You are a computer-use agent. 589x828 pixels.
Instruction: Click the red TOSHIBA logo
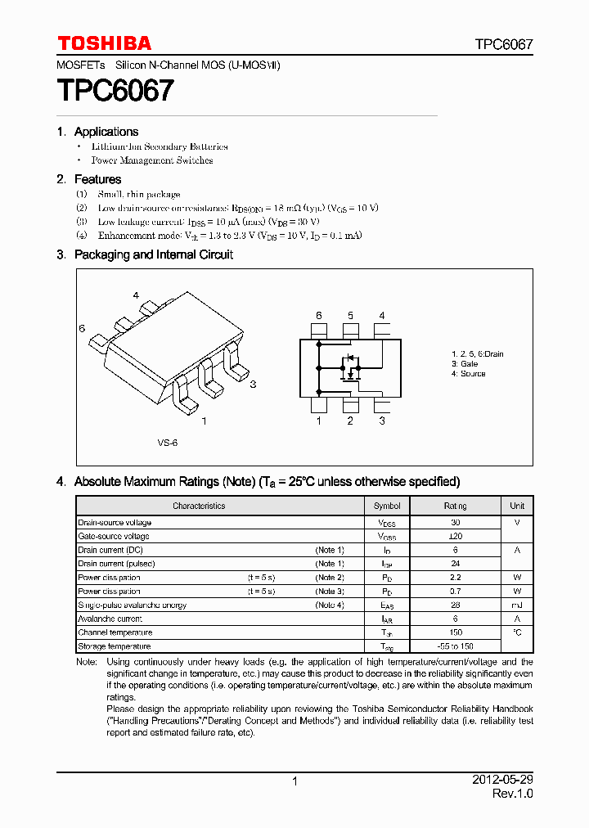coord(104,43)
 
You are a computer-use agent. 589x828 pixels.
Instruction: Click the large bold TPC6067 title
coord(115,90)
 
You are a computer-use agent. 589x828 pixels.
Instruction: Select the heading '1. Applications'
coord(97,132)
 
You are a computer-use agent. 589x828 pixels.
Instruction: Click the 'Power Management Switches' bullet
coord(152,160)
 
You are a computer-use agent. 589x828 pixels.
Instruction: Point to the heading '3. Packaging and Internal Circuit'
coord(145,254)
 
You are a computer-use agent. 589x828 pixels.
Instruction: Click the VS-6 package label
coord(168,442)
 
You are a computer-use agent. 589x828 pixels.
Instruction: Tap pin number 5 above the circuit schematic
coord(350,316)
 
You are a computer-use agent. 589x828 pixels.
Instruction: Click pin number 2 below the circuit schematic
coord(350,421)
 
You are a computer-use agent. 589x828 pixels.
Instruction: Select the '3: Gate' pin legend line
coord(465,363)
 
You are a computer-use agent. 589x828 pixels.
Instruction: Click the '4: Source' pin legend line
coord(468,374)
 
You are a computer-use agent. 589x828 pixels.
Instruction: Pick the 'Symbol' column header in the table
coord(387,506)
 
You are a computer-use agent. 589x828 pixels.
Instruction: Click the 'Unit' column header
coord(517,506)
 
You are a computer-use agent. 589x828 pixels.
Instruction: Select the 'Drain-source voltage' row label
coord(115,523)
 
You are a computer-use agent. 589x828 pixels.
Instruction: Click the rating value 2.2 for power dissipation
coord(455,578)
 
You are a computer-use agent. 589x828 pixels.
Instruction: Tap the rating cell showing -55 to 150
coord(455,646)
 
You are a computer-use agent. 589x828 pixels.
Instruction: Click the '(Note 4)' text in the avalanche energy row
coord(330,605)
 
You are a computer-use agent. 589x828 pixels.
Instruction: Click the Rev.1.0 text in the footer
coord(513,794)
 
